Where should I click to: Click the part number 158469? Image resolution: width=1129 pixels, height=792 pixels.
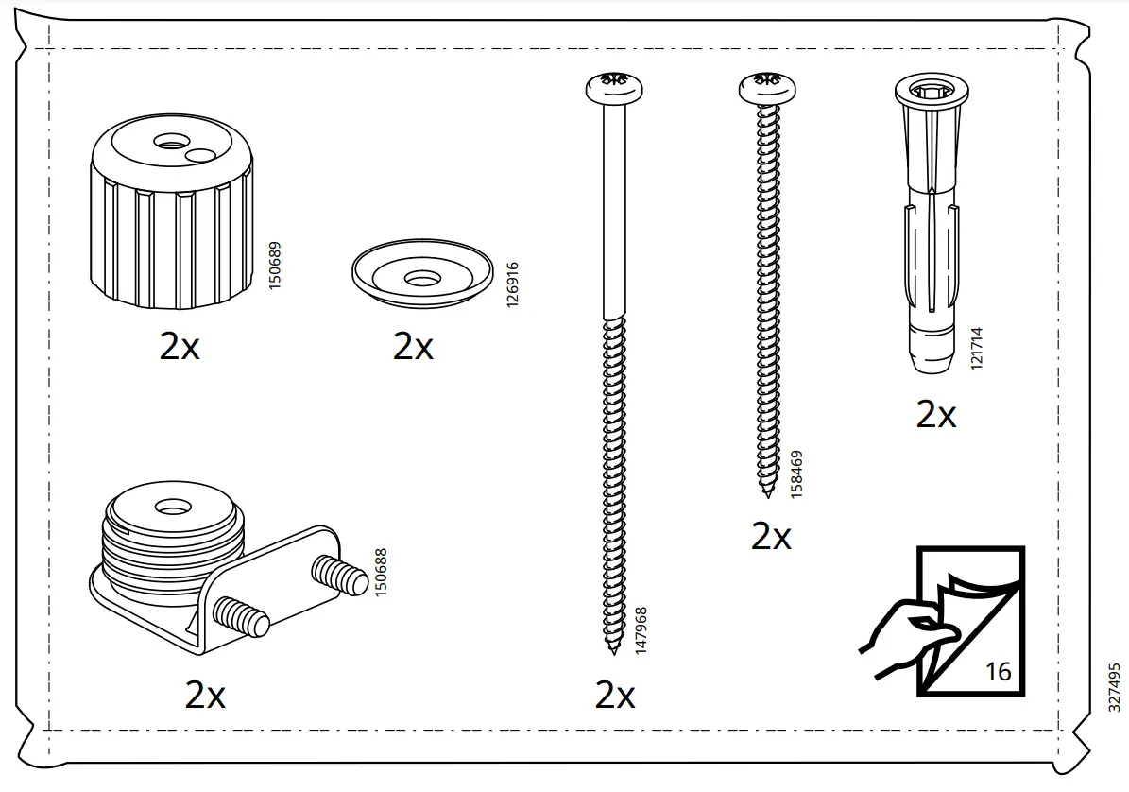796,474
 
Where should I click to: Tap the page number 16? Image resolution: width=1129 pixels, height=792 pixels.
998,671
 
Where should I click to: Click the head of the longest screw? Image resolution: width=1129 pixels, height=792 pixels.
614,88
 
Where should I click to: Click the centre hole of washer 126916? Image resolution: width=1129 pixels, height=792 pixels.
421,278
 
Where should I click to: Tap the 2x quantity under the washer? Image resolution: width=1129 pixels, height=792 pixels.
413,347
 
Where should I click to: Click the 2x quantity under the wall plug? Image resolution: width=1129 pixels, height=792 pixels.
935,414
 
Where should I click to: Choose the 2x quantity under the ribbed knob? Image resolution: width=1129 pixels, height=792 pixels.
180,347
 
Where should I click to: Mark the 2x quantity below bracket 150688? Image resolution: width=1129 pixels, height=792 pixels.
205,696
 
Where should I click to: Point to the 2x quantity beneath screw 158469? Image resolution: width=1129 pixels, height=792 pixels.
771,537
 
